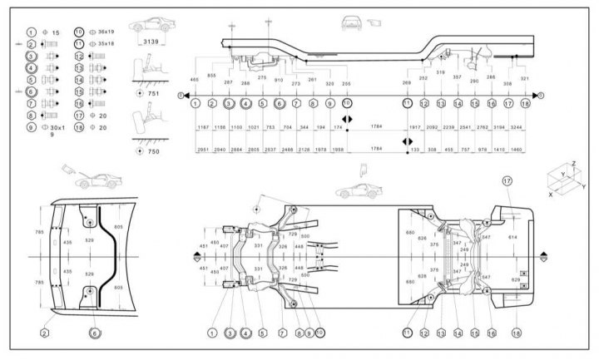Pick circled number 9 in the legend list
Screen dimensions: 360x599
point(31,128)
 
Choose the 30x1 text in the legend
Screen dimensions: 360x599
point(56,128)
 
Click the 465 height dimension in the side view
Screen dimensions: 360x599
point(194,79)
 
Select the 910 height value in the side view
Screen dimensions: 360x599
point(278,81)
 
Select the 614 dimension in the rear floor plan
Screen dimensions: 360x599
point(512,238)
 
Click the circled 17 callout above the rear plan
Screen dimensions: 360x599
point(507,180)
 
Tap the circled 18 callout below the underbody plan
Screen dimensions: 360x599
point(517,333)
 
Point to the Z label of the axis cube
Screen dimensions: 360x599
point(573,164)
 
